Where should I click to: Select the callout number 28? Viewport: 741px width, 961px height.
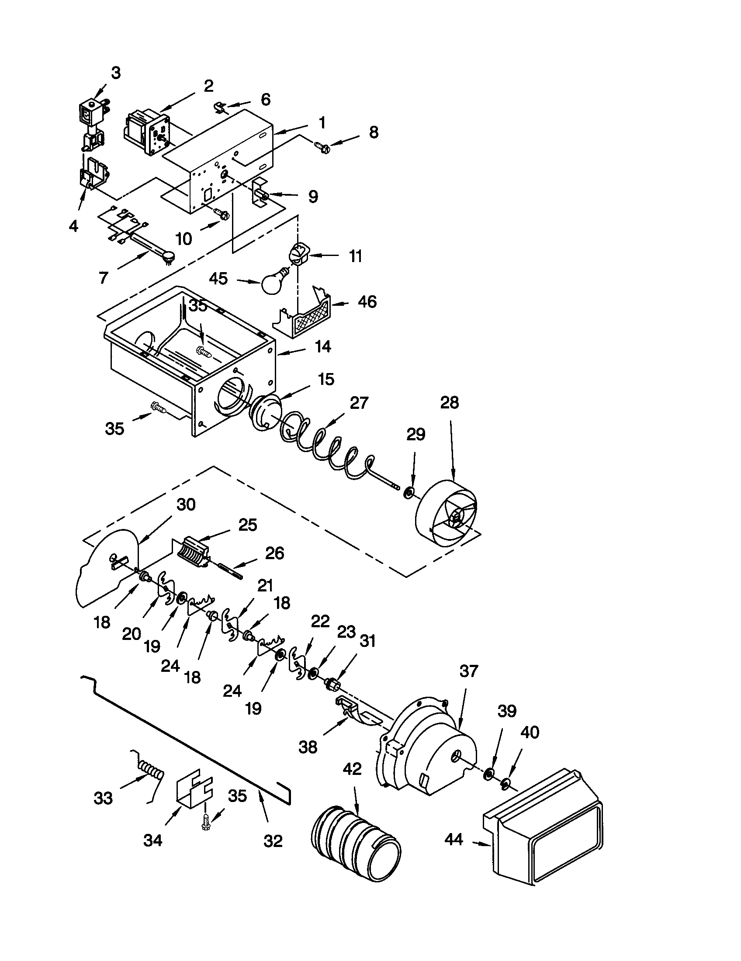[449, 403]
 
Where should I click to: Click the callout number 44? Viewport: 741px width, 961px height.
[454, 840]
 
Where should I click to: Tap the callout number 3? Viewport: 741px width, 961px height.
[115, 73]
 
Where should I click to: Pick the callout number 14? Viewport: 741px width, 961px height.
[323, 347]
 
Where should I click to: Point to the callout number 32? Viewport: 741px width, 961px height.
[272, 841]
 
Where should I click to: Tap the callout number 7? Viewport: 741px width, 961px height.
[104, 278]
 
